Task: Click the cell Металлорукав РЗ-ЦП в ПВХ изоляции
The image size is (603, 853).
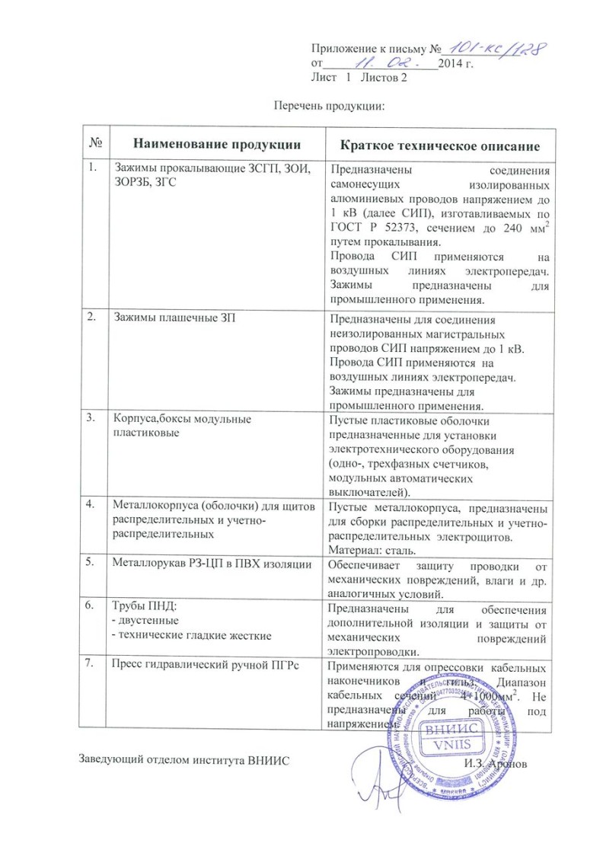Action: [211, 564]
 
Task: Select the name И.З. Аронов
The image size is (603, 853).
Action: [494, 762]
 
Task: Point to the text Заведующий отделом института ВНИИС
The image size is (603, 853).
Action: [185, 762]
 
